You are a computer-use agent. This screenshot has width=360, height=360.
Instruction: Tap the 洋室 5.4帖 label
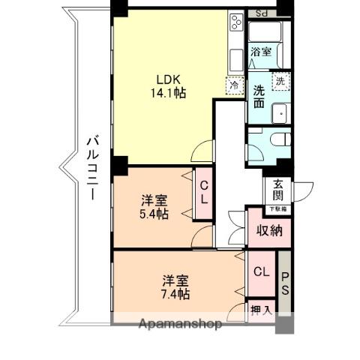(x=155, y=206)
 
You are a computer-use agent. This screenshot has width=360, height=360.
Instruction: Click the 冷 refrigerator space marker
(x=235, y=85)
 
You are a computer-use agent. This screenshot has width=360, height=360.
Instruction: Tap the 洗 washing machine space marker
(x=280, y=81)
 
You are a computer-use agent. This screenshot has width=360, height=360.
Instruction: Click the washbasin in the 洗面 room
(x=280, y=111)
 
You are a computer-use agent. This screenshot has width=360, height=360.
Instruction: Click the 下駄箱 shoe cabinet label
(x=277, y=210)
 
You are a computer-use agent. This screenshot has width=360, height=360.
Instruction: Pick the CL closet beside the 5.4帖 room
(x=202, y=194)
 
